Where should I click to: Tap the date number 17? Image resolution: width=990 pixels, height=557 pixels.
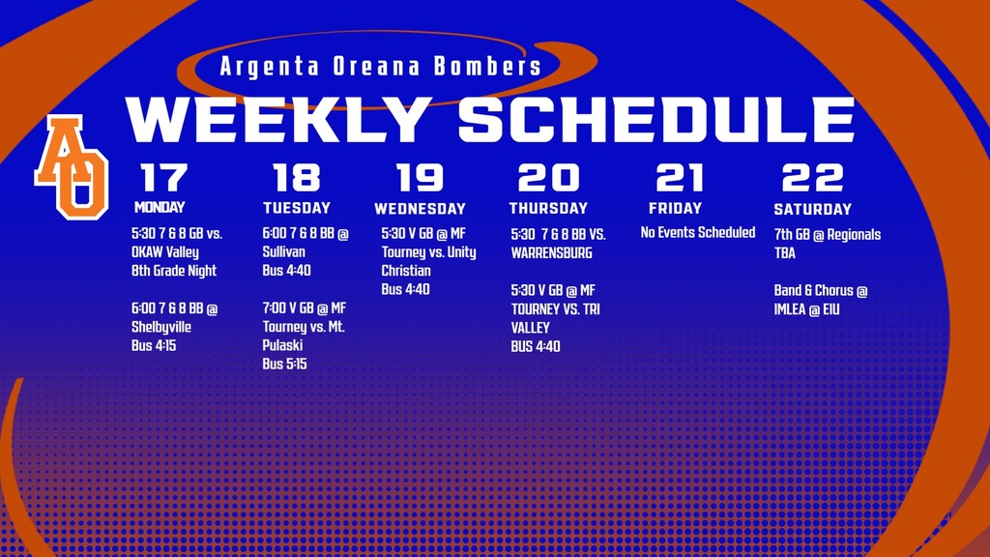click(x=163, y=178)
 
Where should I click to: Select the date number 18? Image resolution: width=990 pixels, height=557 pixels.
click(x=296, y=178)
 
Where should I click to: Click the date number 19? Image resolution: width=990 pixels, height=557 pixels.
click(x=420, y=178)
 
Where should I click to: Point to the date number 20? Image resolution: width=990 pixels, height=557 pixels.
click(x=548, y=178)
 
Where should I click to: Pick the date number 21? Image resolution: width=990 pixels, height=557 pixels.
click(x=680, y=178)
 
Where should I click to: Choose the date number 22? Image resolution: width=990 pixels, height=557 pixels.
click(x=812, y=178)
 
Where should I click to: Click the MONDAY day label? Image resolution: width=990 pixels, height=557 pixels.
click(x=160, y=207)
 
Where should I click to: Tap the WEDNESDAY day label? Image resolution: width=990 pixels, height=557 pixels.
click(x=420, y=209)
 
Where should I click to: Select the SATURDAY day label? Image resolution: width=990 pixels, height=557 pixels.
click(x=812, y=209)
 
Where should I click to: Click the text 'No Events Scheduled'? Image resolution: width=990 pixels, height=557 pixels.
click(x=698, y=232)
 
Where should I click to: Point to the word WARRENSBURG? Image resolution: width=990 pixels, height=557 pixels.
click(x=551, y=252)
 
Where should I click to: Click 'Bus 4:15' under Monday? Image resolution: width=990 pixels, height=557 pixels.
click(x=154, y=345)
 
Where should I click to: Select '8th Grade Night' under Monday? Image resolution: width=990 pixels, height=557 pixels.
click(x=174, y=271)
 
